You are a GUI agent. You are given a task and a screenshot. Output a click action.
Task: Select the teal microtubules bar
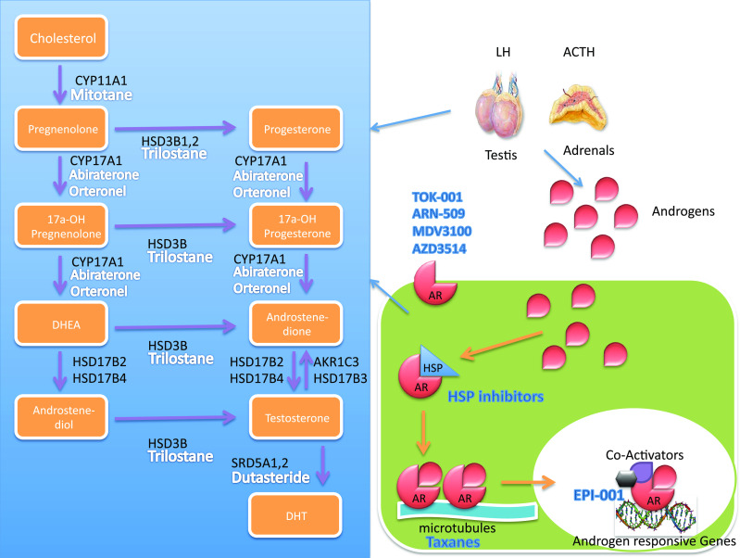454,508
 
